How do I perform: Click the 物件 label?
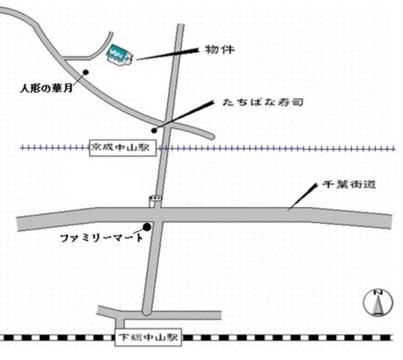pyautogui.click(x=219, y=50)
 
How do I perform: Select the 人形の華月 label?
pyautogui.click(x=47, y=88)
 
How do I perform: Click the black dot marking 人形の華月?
pyautogui.click(x=86, y=72)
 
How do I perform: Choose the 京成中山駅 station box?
pyautogui.click(x=121, y=148)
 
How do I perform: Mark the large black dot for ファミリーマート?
pyautogui.click(x=147, y=226)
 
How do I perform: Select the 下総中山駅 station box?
pyautogui.click(x=149, y=337)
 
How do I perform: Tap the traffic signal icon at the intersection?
pyautogui.click(x=155, y=200)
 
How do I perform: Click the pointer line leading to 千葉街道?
pyautogui.click(x=302, y=196)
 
